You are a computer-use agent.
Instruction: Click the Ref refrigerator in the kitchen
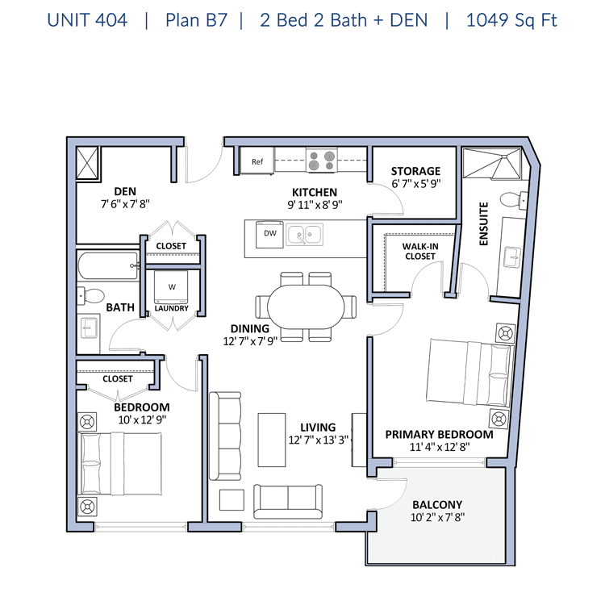coord(257,161)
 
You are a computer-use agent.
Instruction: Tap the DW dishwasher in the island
coord(269,234)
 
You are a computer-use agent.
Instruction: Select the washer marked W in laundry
coord(171,287)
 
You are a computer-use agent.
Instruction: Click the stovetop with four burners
coord(322,161)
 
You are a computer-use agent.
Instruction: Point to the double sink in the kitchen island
coord(304,234)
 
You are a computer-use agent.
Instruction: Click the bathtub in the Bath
coord(108,265)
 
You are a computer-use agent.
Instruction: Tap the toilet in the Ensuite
coord(514,200)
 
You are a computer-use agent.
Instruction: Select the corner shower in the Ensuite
coord(491,163)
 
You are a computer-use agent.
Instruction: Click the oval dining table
coord(306,307)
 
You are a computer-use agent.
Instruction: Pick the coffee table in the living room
coord(272,440)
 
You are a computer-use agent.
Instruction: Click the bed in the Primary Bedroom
coord(470,373)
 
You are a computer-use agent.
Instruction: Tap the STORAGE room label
coord(415,171)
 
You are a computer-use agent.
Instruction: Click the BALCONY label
coord(437,505)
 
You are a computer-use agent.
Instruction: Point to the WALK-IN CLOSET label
coord(420,251)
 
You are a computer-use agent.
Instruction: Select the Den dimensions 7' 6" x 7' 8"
coord(125,204)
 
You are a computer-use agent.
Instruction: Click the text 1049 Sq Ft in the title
coord(511,20)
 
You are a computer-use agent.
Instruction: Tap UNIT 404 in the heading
coord(87,20)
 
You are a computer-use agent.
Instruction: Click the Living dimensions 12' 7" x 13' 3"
coord(319,440)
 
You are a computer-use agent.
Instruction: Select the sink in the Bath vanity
coord(90,328)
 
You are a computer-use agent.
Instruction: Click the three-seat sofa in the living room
coord(225,436)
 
